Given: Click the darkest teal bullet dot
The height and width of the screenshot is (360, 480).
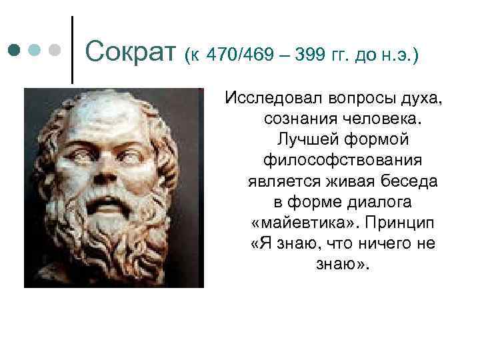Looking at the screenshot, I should point(15,50).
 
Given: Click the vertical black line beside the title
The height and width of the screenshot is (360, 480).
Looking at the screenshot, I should point(71,50).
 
